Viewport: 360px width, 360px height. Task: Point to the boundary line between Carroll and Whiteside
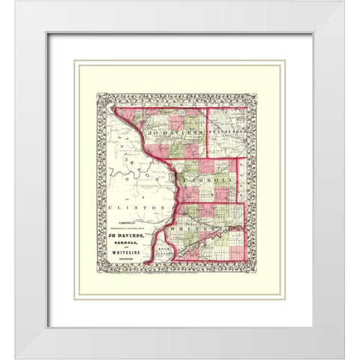click(x=210, y=202)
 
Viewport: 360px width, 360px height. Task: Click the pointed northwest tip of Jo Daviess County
click(x=115, y=107)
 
